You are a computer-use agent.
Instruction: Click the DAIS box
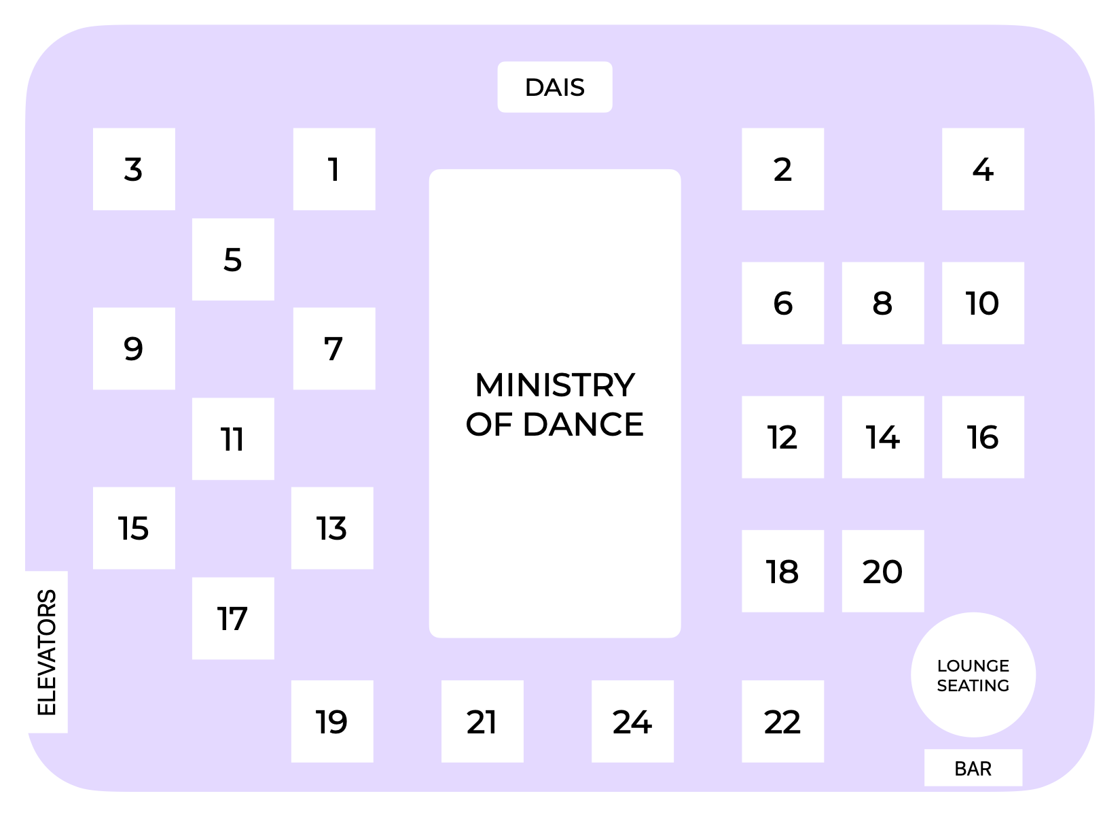(554, 87)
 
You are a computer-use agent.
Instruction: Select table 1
(333, 169)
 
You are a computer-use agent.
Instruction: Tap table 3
(134, 169)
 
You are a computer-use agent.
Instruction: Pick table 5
(233, 260)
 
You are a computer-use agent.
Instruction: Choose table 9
(134, 349)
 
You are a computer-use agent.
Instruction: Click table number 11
(233, 439)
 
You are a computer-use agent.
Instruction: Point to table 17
(233, 619)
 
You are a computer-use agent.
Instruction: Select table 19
(332, 721)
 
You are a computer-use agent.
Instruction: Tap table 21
(482, 721)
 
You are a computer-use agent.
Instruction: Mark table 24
(632, 721)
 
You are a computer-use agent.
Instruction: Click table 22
(782, 721)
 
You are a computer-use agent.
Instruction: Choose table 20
(882, 571)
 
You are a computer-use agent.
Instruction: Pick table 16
(983, 437)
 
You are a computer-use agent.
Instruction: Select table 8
(882, 303)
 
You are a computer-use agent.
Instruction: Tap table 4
(983, 169)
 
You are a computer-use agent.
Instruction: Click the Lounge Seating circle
(973, 675)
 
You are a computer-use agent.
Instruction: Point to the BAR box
(973, 768)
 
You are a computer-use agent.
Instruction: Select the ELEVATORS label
(46, 653)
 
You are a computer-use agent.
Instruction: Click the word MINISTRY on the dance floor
(554, 385)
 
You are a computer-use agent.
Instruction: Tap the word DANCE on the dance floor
(583, 425)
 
